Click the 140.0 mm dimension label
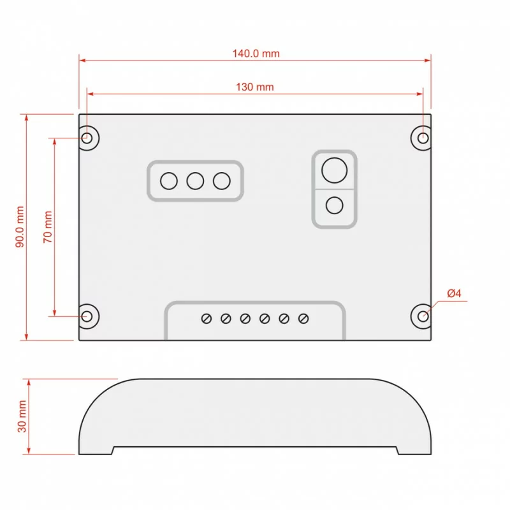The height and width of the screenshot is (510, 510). click(256, 54)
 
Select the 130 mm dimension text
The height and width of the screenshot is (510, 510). click(254, 87)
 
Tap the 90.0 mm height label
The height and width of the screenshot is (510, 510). click(20, 227)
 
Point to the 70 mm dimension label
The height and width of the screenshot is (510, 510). click(48, 227)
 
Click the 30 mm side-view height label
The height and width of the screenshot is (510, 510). click(22, 416)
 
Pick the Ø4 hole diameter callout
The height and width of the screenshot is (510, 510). click(454, 293)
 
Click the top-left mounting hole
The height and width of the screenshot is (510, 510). click(87, 138)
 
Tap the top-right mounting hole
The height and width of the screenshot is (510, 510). click(423, 138)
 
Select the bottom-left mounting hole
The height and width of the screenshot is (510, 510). click(87, 316)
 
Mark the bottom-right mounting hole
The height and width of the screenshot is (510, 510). click(423, 316)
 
